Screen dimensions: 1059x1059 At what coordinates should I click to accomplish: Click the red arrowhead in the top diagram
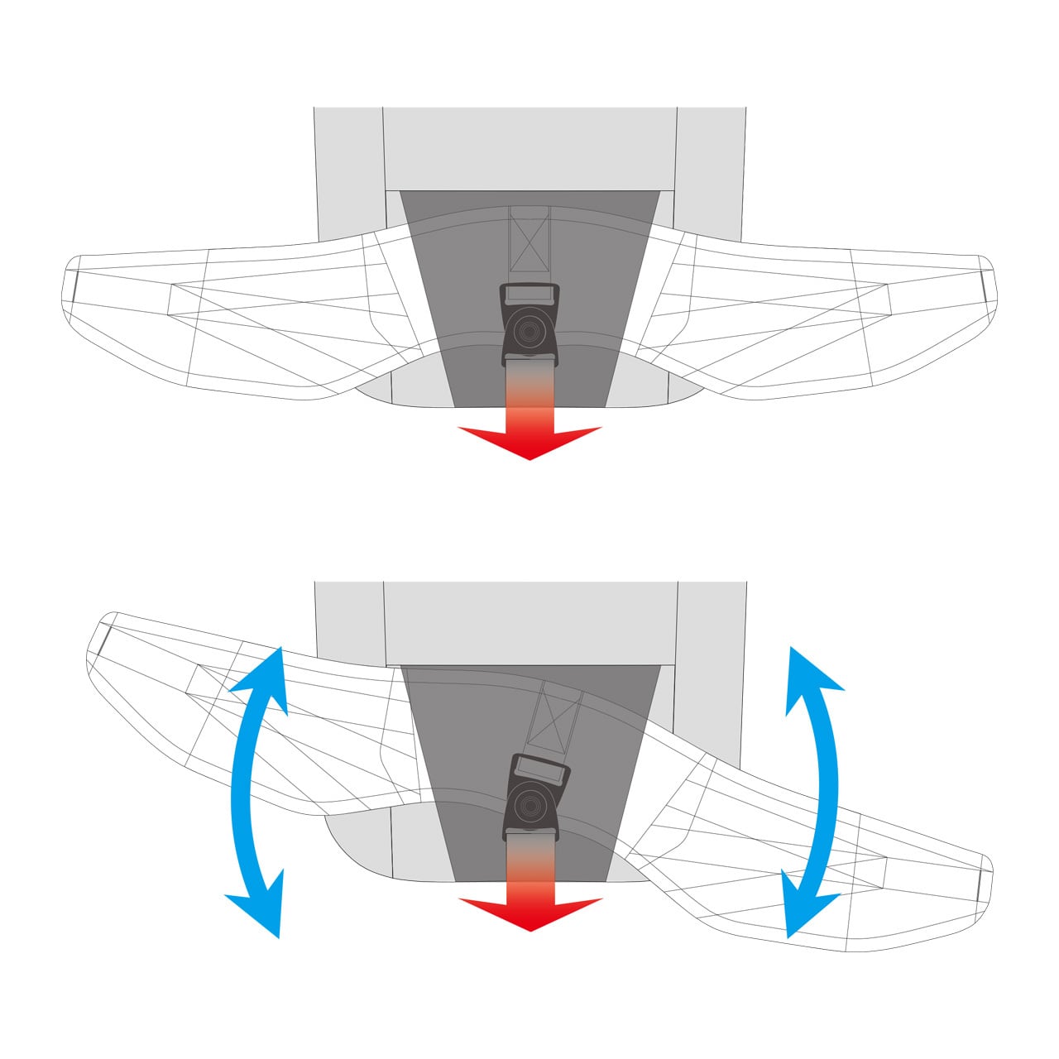[x=529, y=442]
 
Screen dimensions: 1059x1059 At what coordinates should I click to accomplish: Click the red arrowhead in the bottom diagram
[x=529, y=913]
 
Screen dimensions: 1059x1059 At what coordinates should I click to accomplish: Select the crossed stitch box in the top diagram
[x=529, y=241]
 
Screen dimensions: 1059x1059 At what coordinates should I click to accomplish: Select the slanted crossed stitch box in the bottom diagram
[x=557, y=716]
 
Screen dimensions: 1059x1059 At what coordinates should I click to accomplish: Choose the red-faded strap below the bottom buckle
[x=529, y=860]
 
